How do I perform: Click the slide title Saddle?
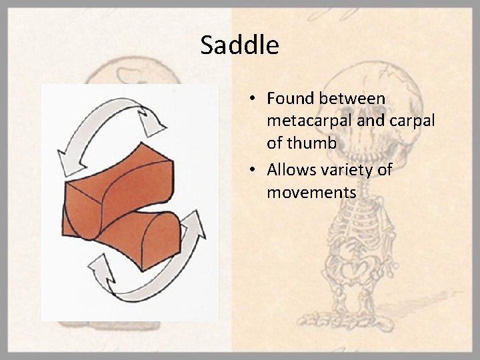[x=239, y=46]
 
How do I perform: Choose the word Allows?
[x=292, y=170]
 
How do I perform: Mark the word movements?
[x=311, y=193]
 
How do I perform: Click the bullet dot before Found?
[x=254, y=99]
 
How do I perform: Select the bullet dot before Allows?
[x=254, y=171]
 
